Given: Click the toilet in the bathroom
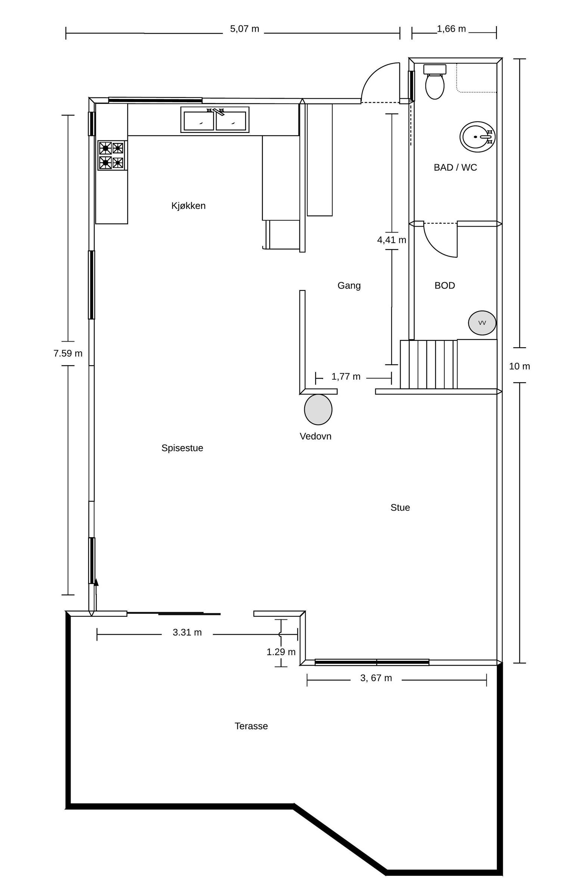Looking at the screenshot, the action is pyautogui.click(x=435, y=82).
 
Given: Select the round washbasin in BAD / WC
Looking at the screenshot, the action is pyautogui.click(x=477, y=137).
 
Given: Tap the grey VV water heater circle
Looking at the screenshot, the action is pyautogui.click(x=482, y=323).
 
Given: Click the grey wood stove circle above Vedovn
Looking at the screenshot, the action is pyautogui.click(x=318, y=409).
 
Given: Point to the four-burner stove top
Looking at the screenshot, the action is pyautogui.click(x=111, y=155).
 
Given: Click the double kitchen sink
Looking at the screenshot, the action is pyautogui.click(x=215, y=120).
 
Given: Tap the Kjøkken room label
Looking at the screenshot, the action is pyautogui.click(x=188, y=206).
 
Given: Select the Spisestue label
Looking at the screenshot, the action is pyautogui.click(x=182, y=448).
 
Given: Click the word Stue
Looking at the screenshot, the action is pyautogui.click(x=400, y=507).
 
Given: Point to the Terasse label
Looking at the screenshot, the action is pyautogui.click(x=251, y=726).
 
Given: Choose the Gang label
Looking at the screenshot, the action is pyautogui.click(x=349, y=286).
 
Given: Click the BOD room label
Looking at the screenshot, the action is pyautogui.click(x=445, y=285).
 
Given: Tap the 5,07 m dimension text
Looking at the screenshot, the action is pyautogui.click(x=244, y=29).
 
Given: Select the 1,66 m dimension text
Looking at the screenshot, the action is pyautogui.click(x=451, y=29).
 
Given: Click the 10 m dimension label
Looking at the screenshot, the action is pyautogui.click(x=519, y=366).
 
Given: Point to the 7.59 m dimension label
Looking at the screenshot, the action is pyautogui.click(x=68, y=354).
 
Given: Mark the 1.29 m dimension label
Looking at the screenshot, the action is pyautogui.click(x=281, y=652).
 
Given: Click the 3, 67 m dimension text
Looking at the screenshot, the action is pyautogui.click(x=376, y=678).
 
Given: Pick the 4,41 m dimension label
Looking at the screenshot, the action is pyautogui.click(x=392, y=240).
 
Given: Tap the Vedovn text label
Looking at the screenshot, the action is pyautogui.click(x=315, y=436).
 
